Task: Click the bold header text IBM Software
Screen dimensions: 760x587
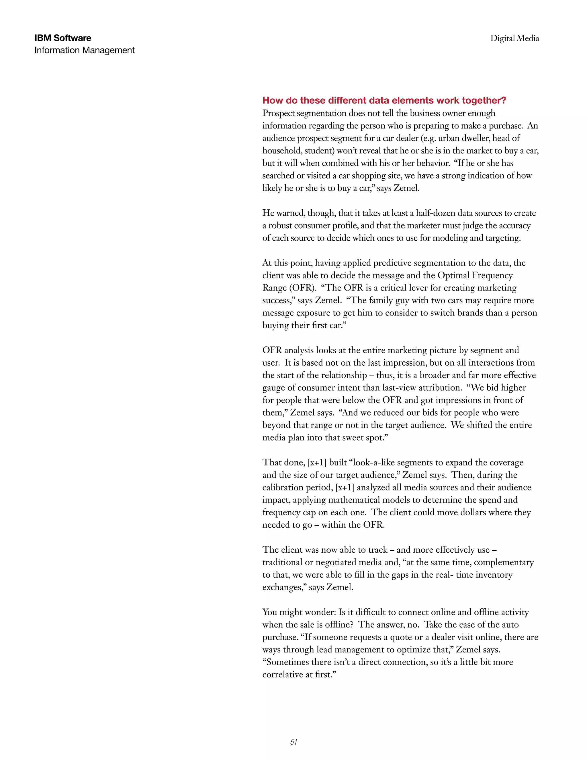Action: click(62, 38)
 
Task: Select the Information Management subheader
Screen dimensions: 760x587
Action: click(85, 50)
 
